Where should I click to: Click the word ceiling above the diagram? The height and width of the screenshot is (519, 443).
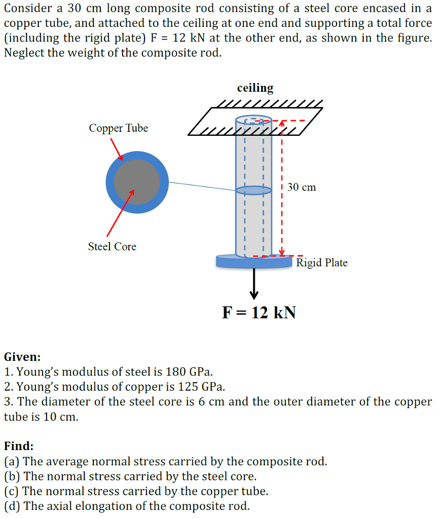point(255,88)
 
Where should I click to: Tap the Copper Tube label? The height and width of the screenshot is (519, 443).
point(119,128)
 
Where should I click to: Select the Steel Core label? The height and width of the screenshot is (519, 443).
point(112,247)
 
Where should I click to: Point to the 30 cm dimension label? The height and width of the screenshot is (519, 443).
point(302,188)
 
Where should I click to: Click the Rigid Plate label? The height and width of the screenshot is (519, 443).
point(322,263)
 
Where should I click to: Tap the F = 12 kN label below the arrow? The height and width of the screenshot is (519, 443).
point(259,312)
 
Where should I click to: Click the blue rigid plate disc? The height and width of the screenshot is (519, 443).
point(253,262)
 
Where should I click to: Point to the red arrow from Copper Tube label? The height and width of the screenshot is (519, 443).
point(117,149)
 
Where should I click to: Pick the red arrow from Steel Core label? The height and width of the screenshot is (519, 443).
point(120,213)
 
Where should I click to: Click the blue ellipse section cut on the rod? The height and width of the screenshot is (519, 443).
point(253,190)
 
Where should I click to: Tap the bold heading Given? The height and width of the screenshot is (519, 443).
point(22,357)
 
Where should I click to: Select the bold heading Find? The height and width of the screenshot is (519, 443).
point(19,446)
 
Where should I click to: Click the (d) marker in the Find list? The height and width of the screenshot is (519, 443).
point(12,506)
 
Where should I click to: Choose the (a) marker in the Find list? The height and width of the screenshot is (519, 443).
point(12,461)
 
